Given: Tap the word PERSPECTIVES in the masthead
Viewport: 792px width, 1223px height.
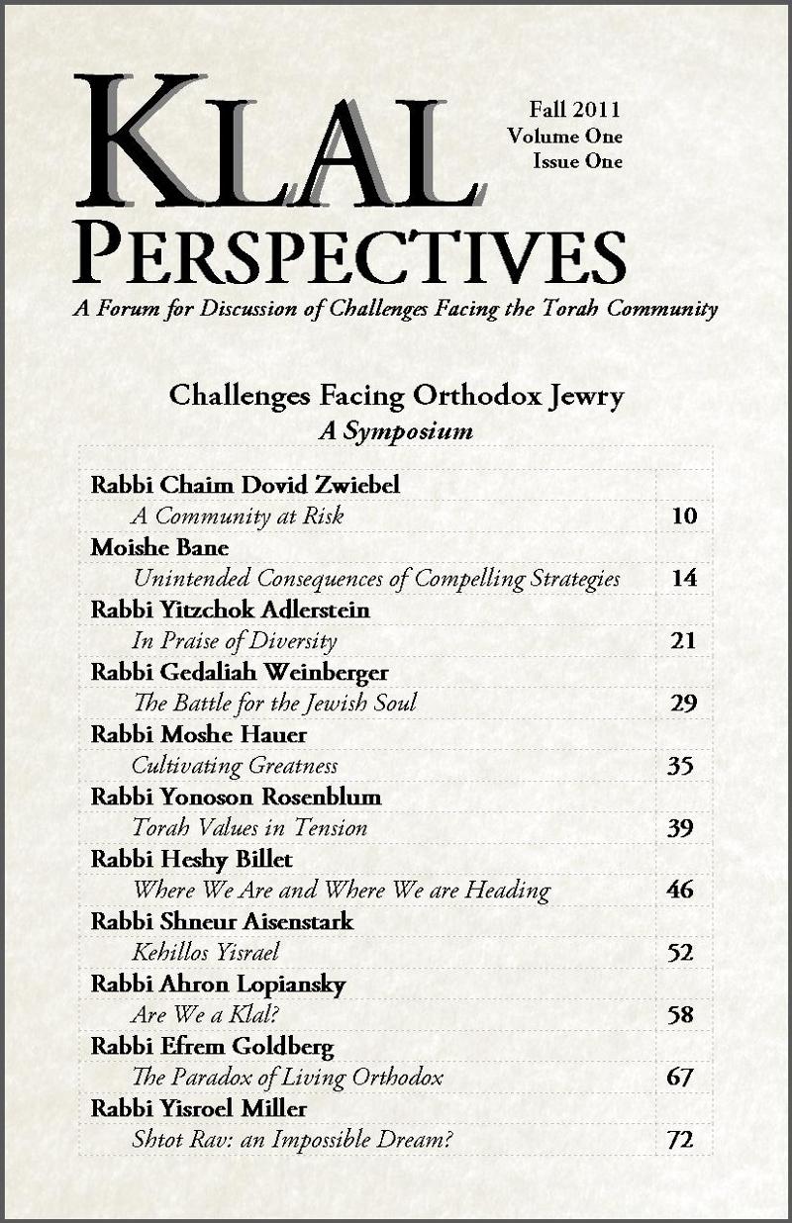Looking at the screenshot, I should (x=348, y=253).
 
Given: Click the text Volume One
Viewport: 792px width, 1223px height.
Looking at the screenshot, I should (x=564, y=136).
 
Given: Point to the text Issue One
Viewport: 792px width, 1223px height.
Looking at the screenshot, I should (x=577, y=160).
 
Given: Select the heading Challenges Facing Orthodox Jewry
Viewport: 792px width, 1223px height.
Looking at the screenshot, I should (x=396, y=397).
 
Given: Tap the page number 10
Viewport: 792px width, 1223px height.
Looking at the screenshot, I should (x=683, y=516).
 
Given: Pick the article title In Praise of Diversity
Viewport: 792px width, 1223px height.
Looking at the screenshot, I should (x=235, y=641).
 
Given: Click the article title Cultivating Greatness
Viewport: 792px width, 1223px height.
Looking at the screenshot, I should (x=235, y=766).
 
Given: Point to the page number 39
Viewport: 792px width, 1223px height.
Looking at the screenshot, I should (x=679, y=828).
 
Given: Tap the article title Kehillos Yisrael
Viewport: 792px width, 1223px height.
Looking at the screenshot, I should (x=205, y=953).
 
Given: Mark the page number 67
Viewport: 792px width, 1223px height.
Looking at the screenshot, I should (x=679, y=1078).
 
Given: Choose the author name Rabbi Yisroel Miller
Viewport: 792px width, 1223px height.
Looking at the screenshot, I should (x=201, y=1108).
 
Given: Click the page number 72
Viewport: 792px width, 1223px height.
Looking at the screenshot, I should (x=679, y=1140).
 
